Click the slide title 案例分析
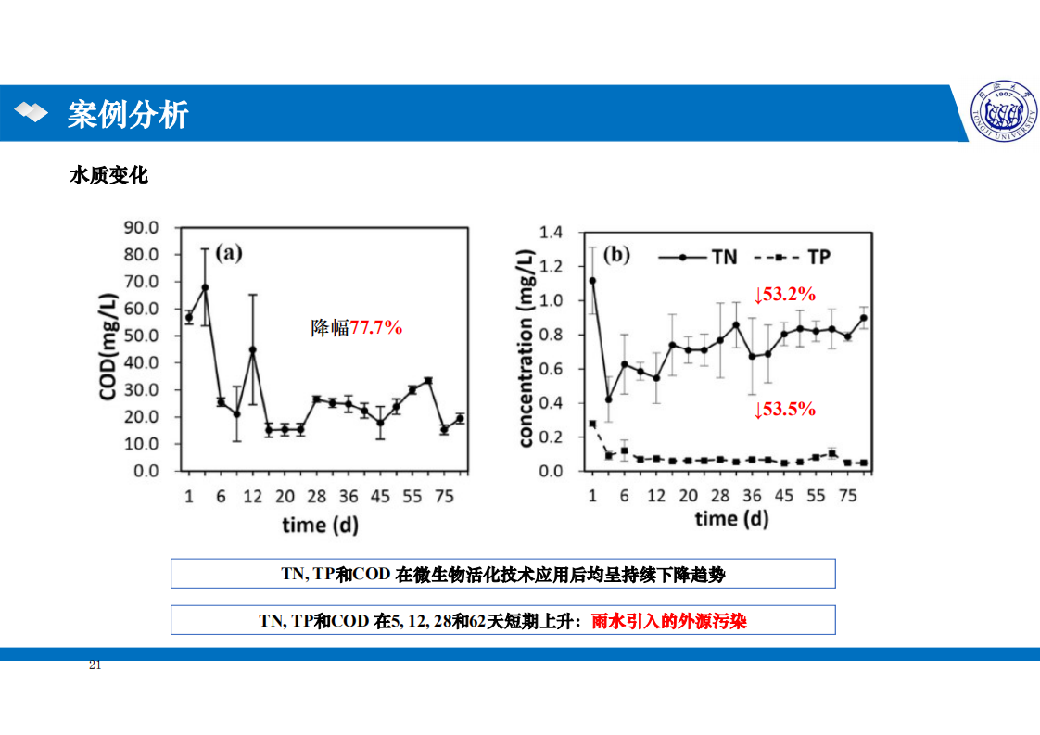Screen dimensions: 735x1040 (x=128, y=115)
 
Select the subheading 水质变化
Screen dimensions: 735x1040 (x=108, y=175)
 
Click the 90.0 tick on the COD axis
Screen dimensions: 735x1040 (x=142, y=227)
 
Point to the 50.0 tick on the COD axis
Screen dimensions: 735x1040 (x=142, y=336)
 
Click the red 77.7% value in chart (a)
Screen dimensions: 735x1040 (x=375, y=326)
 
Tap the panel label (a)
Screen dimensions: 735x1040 (x=229, y=253)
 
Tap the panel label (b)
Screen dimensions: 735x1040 (x=617, y=255)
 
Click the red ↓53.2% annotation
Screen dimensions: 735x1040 (x=784, y=295)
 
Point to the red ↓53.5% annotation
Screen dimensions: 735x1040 (x=784, y=409)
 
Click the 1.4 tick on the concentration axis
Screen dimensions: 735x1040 (x=551, y=233)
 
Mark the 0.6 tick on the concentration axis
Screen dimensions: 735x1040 (x=551, y=369)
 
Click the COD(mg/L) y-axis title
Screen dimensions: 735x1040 (x=109, y=348)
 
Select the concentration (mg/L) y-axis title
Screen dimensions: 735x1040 (x=526, y=348)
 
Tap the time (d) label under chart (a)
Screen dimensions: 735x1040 (x=320, y=526)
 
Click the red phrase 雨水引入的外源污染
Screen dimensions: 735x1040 (x=669, y=621)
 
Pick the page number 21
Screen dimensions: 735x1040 (x=95, y=665)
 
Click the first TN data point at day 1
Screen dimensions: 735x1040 (x=592, y=280)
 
